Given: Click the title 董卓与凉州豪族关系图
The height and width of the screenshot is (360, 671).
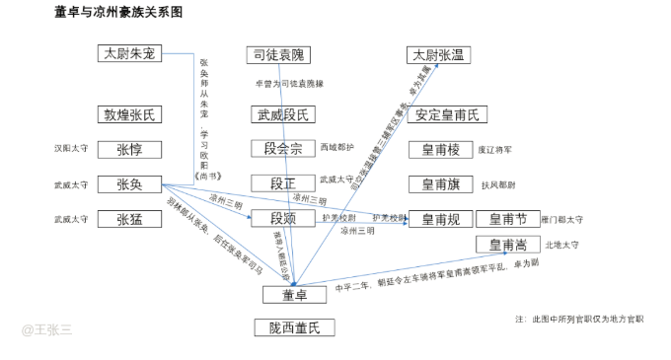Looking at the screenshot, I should tap(118, 13).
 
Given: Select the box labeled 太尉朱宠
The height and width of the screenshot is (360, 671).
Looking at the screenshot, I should tap(129, 54).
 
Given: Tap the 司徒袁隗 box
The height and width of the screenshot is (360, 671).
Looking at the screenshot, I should tap(278, 55).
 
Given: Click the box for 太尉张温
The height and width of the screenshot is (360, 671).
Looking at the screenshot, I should tap(437, 55).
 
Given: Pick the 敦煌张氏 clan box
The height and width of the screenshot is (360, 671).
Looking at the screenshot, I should tap(129, 114).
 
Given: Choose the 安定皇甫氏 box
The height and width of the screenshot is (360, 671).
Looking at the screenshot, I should tap(446, 114).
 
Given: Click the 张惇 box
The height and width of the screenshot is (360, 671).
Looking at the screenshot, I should tap(129, 150).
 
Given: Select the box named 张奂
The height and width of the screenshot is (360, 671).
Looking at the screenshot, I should tap(129, 184).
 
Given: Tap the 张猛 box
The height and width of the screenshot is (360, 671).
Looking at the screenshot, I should tap(129, 219).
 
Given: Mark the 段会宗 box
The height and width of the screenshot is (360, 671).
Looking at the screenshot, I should tap(282, 150).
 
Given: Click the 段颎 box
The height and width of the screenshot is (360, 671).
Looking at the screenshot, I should tap(282, 219).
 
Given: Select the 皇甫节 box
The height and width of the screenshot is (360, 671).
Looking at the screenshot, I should tap(508, 219).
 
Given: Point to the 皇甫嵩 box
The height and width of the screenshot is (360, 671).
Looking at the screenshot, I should tap(508, 245).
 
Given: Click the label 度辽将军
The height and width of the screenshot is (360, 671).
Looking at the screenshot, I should tap(495, 151).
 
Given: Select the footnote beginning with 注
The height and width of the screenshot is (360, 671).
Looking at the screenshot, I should tap(579, 319).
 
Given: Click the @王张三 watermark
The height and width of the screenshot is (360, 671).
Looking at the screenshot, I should tap(47, 330).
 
